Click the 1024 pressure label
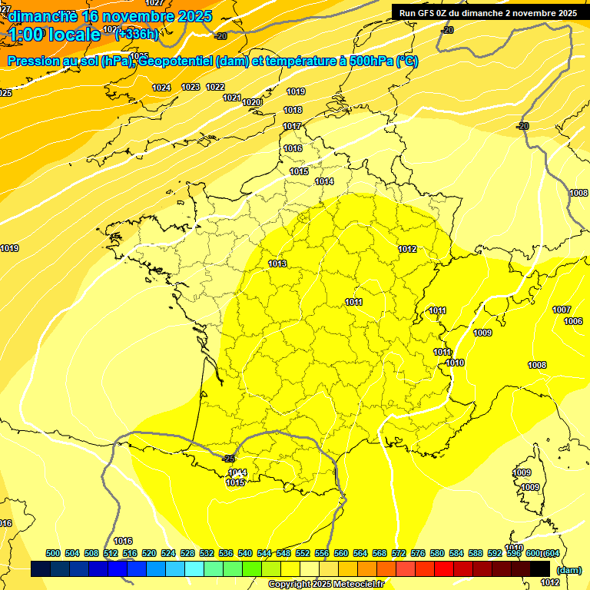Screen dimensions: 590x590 (161, 88)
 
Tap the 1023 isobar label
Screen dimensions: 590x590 (191, 87)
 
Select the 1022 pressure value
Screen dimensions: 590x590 (215, 87)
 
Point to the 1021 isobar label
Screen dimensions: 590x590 (232, 98)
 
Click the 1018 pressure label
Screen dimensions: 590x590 (293, 110)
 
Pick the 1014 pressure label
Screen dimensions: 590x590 (324, 181)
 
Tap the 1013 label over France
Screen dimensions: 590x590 (277, 264)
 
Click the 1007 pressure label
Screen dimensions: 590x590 (562, 310)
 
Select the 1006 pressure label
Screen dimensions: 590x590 (573, 321)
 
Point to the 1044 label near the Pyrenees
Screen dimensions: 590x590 (237, 472)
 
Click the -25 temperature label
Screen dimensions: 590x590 (228, 459)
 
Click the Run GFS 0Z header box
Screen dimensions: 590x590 (488, 12)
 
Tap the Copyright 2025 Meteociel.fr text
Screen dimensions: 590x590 (326, 585)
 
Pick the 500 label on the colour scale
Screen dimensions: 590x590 (53, 553)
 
